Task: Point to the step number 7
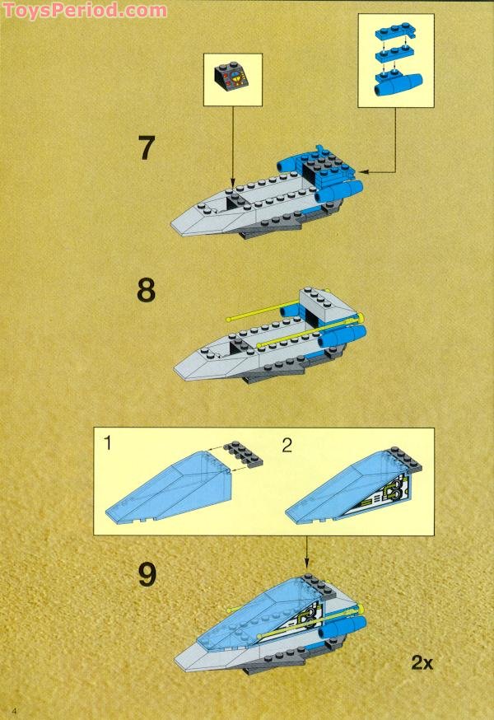pos(146,149)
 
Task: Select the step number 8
pos(146,292)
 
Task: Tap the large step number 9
pos(147,573)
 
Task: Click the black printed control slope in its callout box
pos(232,79)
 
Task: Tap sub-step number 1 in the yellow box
pos(108,444)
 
